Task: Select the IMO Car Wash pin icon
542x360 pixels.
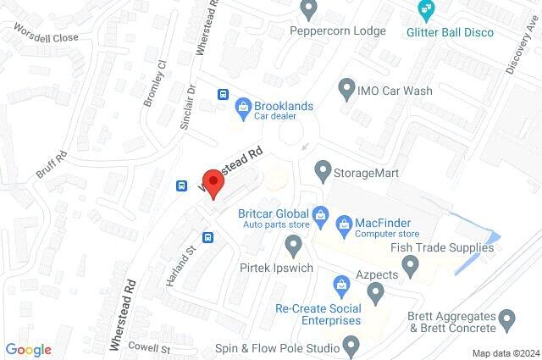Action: [x=346, y=88]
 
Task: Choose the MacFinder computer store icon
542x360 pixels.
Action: [x=344, y=224]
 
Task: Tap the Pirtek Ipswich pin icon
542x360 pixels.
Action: [x=294, y=246]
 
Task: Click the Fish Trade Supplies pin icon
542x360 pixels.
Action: [x=411, y=268]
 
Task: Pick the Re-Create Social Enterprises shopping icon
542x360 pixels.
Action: [x=341, y=283]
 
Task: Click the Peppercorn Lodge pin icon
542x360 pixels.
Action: [x=309, y=9]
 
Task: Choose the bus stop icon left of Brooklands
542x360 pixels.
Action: [x=224, y=95]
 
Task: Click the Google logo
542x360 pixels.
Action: [x=28, y=350]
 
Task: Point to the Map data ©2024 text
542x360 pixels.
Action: [x=506, y=353]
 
